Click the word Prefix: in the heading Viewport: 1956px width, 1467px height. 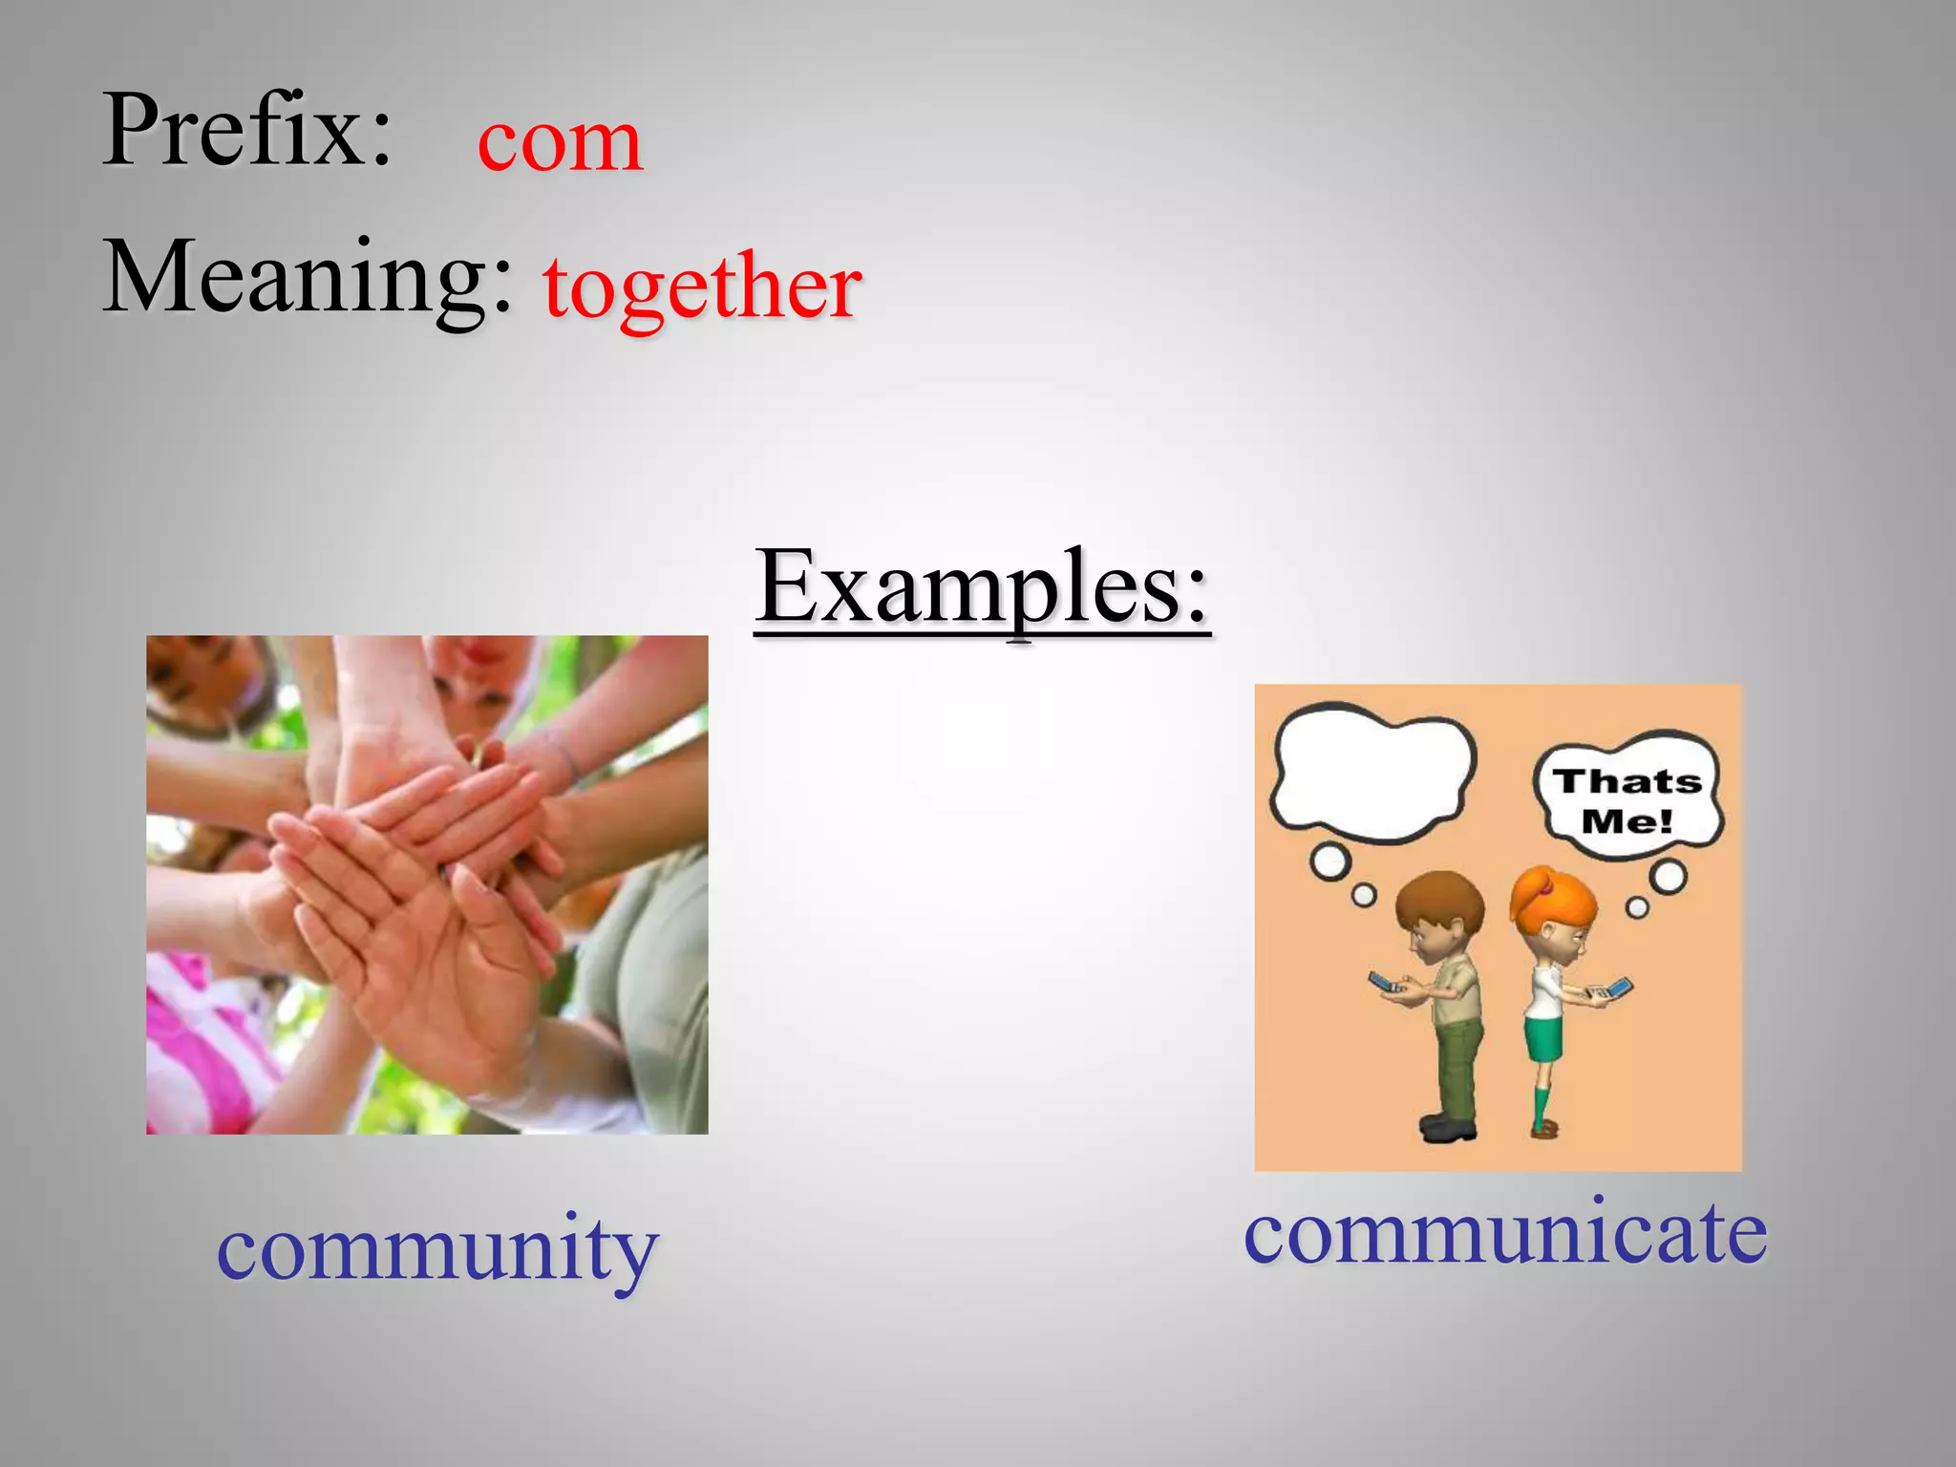click(x=247, y=131)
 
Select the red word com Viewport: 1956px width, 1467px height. click(x=560, y=141)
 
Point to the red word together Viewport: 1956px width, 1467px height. click(x=702, y=287)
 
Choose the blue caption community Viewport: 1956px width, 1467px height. click(x=437, y=1249)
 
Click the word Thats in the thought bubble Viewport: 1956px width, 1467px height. click(x=1626, y=782)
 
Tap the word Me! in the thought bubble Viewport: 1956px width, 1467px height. click(x=1626, y=821)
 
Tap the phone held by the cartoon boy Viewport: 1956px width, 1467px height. click(x=1384, y=982)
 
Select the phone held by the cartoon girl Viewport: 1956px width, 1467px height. click(x=1617, y=988)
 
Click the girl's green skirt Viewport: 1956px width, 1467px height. click(x=1541, y=1039)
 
